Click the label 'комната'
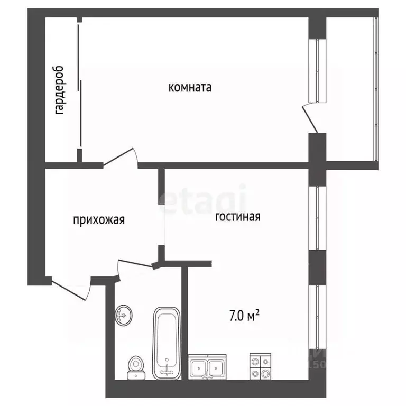click(190, 88)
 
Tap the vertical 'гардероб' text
click(59, 90)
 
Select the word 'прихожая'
click(99, 219)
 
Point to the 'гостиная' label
click(237, 217)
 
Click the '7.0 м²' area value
click(244, 316)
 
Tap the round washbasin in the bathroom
click(124, 316)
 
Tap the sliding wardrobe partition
click(80, 87)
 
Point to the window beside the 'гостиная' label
click(317, 217)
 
